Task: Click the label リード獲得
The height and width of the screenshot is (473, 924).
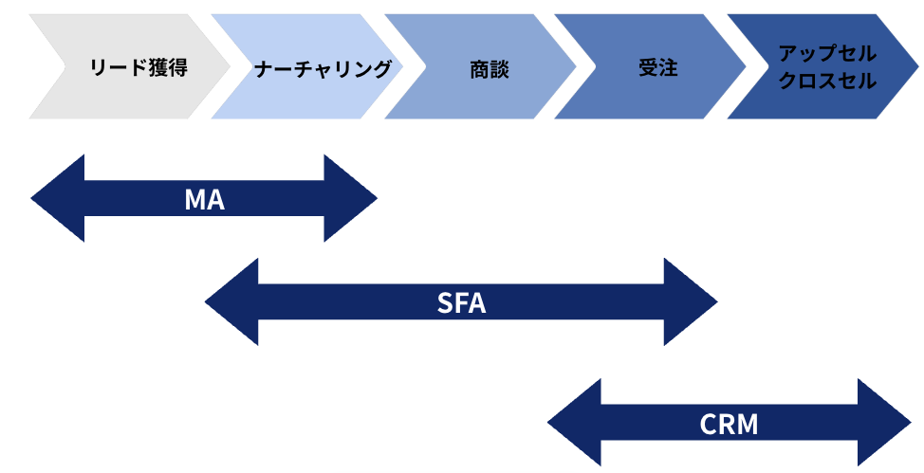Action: (x=138, y=68)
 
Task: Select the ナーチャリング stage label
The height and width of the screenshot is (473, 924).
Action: (x=323, y=68)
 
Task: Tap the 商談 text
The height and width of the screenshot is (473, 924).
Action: (x=489, y=68)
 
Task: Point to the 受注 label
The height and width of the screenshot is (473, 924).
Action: (x=658, y=68)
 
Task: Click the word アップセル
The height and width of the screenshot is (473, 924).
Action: (x=827, y=54)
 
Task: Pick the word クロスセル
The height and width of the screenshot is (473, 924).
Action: (x=827, y=82)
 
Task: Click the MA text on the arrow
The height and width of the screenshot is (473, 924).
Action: (x=204, y=199)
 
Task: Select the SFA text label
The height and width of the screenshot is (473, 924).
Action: (x=461, y=303)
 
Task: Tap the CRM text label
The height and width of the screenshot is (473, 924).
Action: (x=729, y=424)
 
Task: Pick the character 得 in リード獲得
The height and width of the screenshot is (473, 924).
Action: (x=176, y=68)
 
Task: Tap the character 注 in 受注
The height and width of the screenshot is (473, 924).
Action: (x=669, y=68)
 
